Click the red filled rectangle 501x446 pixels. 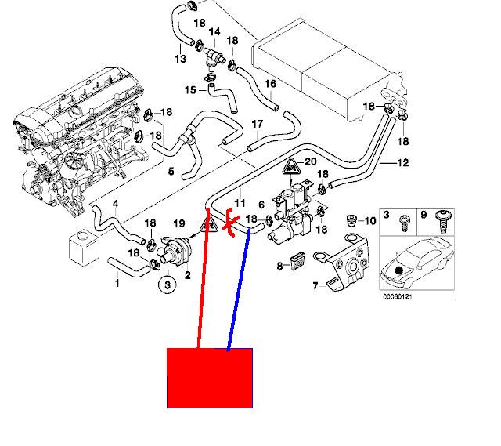pos(210,378)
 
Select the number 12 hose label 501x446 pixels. pos(403,163)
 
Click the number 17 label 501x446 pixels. pos(257,125)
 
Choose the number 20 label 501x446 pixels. pos(312,163)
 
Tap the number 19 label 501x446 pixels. pos(178,223)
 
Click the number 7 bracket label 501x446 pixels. pos(315,286)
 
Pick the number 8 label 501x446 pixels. pos(280,267)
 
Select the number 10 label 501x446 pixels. pos(370,221)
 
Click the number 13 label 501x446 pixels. pos(180,60)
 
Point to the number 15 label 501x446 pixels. pos(189,91)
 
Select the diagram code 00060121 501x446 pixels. pos(398,296)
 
